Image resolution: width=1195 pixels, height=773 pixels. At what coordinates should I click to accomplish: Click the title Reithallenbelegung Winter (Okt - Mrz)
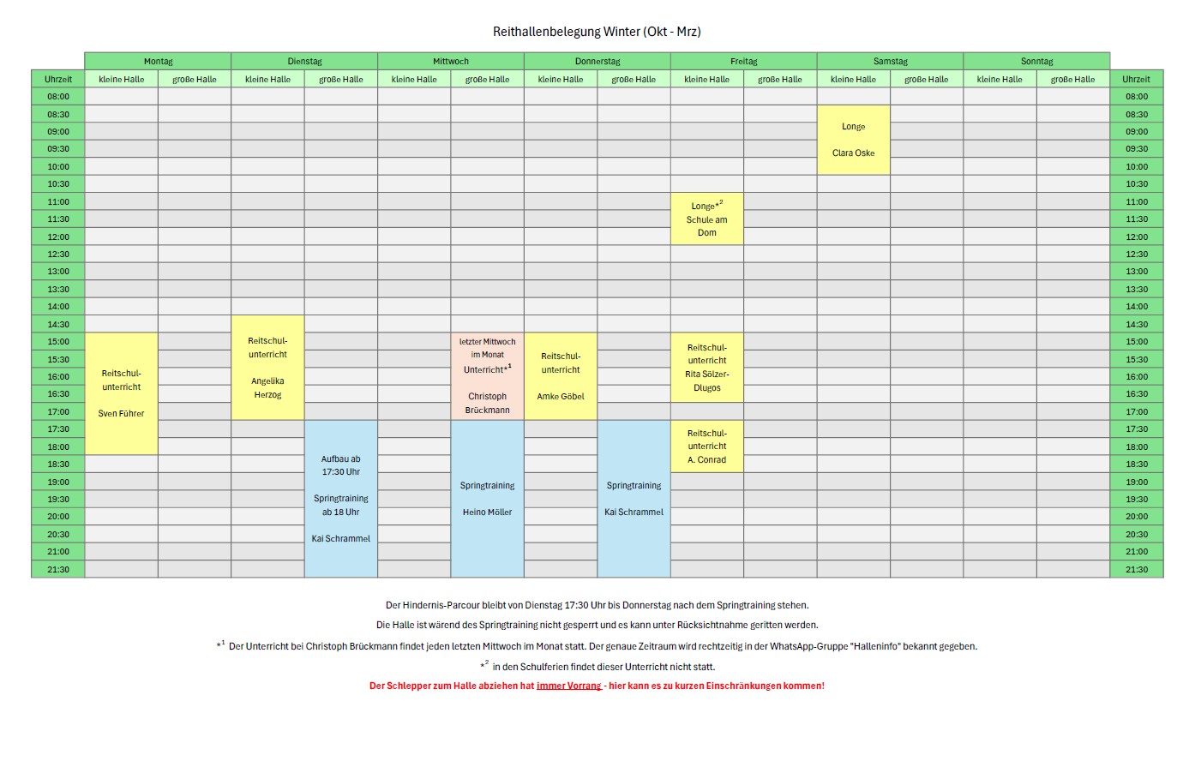click(597, 32)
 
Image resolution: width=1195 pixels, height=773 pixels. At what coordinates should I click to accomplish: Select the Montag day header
click(158, 61)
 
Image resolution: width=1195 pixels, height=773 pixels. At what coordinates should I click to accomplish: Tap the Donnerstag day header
click(597, 61)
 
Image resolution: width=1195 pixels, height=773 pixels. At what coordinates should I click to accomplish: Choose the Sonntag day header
click(1036, 61)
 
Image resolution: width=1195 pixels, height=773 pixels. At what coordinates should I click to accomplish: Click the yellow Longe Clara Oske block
click(854, 140)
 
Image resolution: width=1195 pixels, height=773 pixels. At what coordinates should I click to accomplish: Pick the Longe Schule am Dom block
click(707, 219)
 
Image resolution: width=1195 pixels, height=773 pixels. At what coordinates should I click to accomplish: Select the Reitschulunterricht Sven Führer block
click(122, 393)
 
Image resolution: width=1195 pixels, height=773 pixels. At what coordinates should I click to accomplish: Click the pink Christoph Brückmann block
click(487, 376)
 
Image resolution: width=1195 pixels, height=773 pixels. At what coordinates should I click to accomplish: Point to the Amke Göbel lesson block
click(561, 376)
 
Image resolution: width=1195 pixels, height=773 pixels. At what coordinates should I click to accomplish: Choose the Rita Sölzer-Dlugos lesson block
click(707, 368)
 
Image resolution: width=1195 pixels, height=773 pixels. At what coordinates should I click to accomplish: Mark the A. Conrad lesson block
click(707, 446)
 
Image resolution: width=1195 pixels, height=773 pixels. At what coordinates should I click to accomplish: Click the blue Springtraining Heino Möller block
click(487, 499)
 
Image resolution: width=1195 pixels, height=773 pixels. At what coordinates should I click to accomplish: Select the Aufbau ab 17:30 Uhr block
click(341, 499)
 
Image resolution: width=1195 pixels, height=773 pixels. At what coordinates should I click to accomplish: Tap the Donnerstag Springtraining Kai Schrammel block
click(634, 499)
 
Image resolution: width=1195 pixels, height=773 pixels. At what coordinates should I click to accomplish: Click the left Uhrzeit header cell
click(58, 79)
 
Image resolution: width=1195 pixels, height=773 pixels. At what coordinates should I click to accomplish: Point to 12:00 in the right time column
click(1137, 237)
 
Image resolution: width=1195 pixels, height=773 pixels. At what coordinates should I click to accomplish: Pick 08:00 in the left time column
click(58, 97)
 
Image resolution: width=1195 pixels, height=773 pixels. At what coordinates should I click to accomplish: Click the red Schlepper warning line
click(597, 686)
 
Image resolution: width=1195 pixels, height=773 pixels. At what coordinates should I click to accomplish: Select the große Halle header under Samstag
click(927, 79)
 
